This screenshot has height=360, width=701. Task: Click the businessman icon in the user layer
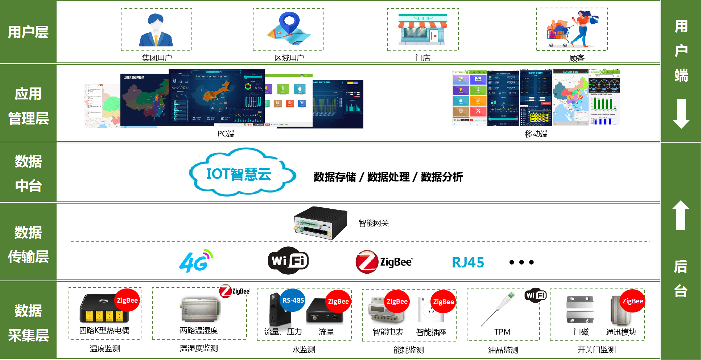pos(156,30)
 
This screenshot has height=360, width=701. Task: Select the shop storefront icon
pos(423,30)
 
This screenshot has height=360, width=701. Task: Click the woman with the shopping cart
pos(573,30)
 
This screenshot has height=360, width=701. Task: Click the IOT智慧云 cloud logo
pos(243,172)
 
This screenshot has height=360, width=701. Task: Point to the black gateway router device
pos(320,222)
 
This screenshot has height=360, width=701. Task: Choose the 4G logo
pos(196,261)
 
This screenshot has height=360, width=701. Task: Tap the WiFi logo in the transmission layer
pos(288,261)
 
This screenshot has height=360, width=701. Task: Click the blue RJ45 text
pos(468,262)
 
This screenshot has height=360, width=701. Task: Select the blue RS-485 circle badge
pos(293,300)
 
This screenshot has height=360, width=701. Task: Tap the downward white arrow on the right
pos(681,113)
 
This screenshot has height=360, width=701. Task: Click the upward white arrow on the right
pos(681,215)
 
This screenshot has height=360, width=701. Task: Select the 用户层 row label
pos(28,32)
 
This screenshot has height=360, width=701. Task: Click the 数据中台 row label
pos(28,173)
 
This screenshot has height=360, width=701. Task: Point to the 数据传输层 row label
pos(28,245)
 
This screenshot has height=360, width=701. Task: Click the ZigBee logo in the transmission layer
pos(384,262)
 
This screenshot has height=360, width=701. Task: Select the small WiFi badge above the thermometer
pos(535,295)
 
